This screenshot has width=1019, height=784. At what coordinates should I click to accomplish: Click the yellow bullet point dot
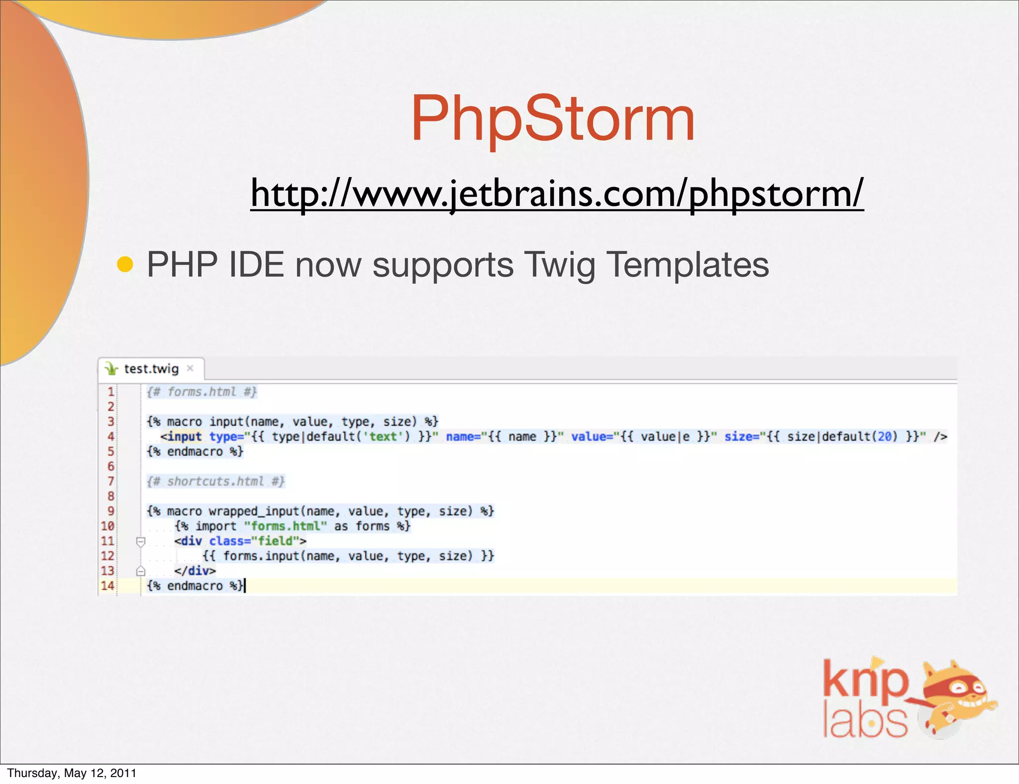[125, 264]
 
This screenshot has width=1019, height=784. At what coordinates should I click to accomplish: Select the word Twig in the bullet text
[560, 265]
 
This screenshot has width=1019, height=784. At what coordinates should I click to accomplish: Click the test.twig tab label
[151, 369]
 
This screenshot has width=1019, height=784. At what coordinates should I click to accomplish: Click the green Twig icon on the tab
[112, 369]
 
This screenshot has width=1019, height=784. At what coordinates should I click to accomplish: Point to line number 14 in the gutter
[107, 586]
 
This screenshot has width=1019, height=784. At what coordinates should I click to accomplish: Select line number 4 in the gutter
[110, 436]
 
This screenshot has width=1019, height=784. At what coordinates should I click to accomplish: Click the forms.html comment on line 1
[202, 392]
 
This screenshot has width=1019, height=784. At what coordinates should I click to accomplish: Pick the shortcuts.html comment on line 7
[215, 482]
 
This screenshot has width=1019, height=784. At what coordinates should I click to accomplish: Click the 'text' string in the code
[383, 437]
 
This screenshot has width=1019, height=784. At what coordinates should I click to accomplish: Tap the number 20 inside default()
[884, 437]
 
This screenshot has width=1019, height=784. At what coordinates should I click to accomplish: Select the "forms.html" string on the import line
[285, 526]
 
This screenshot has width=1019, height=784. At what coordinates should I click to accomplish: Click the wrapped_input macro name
[253, 511]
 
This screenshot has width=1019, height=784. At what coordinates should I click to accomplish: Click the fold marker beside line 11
[141, 541]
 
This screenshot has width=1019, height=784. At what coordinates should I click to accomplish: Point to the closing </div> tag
[195, 571]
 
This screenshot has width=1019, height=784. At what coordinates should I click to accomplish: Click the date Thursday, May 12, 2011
[72, 773]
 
